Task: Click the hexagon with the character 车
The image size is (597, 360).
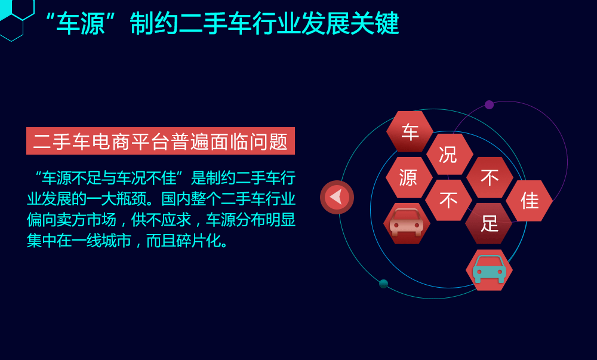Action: coord(410,132)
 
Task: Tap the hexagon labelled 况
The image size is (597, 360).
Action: coord(450,154)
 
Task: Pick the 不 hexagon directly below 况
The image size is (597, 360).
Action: coord(448,200)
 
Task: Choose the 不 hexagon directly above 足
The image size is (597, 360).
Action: coord(490,177)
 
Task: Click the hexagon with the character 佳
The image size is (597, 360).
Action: coord(529,201)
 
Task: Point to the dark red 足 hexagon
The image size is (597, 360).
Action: coord(489,223)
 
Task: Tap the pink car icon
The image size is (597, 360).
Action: coord(407,223)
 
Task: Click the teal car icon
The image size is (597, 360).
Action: coord(490,269)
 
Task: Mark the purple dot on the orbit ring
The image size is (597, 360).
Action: coord(490,104)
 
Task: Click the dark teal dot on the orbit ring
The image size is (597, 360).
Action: coord(383,284)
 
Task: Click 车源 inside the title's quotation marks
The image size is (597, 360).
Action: coord(81,24)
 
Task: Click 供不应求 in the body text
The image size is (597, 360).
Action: coord(161,220)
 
